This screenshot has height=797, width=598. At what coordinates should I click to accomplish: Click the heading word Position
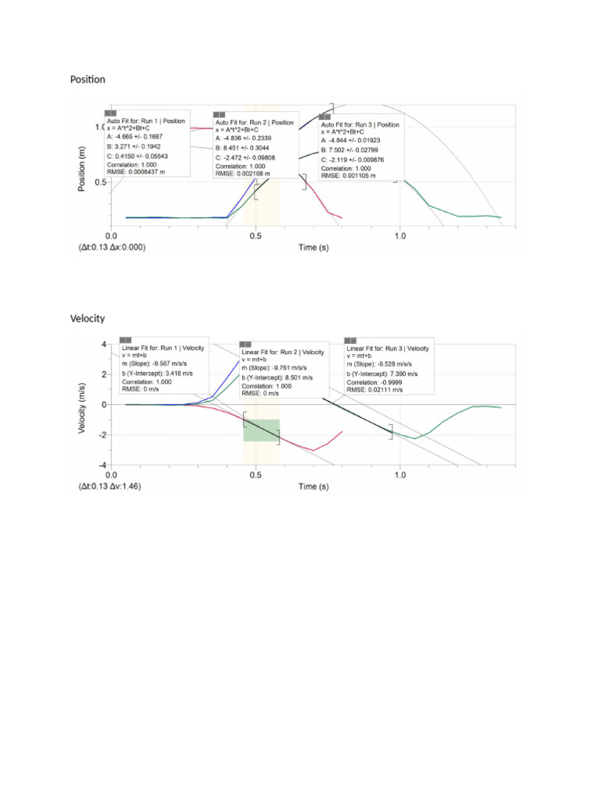(87, 79)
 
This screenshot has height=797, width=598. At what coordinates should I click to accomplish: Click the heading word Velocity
(87, 319)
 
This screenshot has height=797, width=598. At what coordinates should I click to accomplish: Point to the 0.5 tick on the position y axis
(100, 182)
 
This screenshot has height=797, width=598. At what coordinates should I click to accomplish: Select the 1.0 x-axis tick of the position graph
(399, 235)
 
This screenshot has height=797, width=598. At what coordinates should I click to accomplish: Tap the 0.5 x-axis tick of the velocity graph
(255, 474)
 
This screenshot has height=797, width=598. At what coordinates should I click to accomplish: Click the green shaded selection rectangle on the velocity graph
(262, 430)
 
